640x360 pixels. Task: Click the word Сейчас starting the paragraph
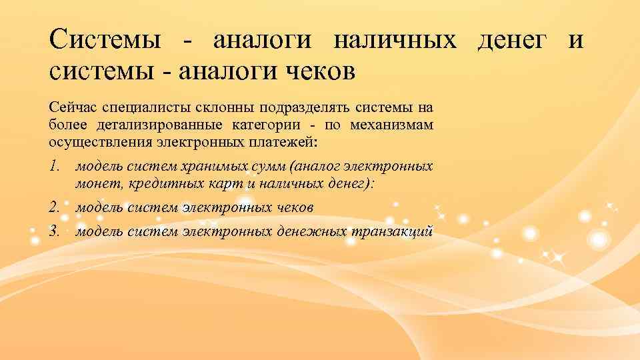(x=69, y=107)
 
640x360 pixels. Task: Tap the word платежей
(x=293, y=141)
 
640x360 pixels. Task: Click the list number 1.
(x=54, y=166)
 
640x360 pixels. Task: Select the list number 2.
(x=54, y=207)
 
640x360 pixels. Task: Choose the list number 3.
(x=54, y=231)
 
